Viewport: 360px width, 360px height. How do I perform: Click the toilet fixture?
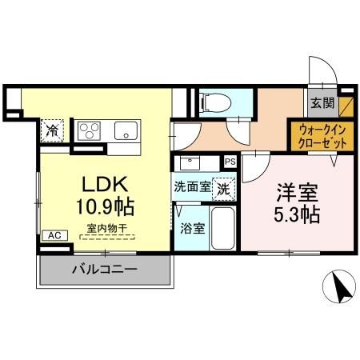[213, 102]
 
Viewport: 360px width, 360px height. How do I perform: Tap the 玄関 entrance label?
[322, 103]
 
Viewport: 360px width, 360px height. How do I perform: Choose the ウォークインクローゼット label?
[323, 134]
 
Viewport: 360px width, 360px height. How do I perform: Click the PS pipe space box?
[230, 161]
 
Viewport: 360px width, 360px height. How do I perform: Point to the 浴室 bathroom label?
[192, 228]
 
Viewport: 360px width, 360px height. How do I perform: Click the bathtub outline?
[224, 229]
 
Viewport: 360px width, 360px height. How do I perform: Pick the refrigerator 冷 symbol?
[53, 128]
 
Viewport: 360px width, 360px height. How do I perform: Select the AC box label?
[54, 235]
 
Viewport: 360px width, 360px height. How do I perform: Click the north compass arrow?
[340, 287]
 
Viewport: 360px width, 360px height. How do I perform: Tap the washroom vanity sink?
[192, 163]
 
